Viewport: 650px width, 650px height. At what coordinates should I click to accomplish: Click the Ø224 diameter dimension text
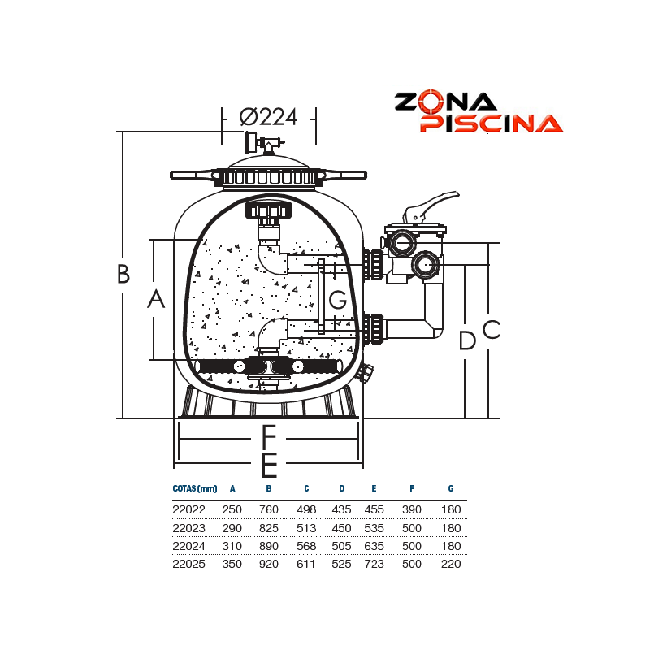(x=269, y=117)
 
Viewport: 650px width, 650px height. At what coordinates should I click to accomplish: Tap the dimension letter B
(x=123, y=274)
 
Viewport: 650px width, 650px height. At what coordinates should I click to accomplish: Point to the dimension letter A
(x=156, y=299)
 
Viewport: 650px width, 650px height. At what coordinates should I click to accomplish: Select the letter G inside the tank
(x=337, y=299)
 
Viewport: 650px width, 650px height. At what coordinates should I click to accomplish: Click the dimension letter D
(x=467, y=340)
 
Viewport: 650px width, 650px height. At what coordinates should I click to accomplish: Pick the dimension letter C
(x=492, y=330)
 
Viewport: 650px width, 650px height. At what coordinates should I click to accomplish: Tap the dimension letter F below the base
(x=270, y=437)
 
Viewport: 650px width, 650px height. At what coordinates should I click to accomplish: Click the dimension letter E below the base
(x=270, y=465)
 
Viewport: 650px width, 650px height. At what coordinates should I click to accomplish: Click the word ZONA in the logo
(x=445, y=102)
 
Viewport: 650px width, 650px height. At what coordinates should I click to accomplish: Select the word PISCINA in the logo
(x=492, y=123)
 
